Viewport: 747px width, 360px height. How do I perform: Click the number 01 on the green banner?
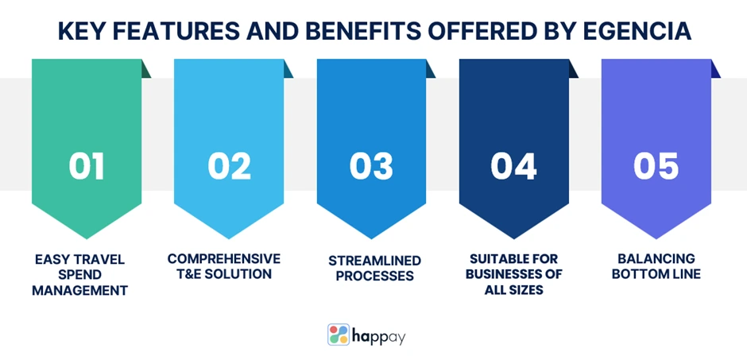[87, 166]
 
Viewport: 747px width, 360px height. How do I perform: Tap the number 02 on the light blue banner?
[229, 166]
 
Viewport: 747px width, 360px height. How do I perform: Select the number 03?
[371, 166]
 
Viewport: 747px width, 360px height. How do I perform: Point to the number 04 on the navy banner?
[513, 166]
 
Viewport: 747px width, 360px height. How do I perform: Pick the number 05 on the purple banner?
[656, 166]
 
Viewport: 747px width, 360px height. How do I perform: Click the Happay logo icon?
[339, 335]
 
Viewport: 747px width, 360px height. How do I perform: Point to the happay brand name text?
[380, 337]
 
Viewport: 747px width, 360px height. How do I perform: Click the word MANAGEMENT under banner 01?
[80, 290]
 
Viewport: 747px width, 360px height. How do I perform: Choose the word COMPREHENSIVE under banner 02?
[224, 258]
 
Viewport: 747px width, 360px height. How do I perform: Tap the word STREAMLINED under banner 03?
[375, 261]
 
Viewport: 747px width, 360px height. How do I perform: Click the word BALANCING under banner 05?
[656, 258]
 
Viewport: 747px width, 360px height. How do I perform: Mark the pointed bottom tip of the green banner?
[87, 238]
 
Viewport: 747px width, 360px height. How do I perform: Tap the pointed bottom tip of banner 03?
[371, 238]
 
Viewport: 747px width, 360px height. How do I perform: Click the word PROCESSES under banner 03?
[375, 277]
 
